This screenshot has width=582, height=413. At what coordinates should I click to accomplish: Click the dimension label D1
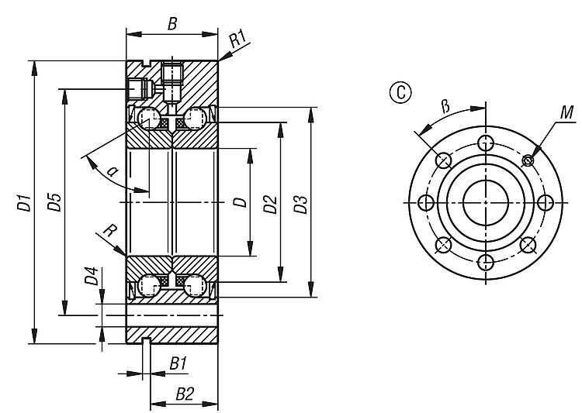[23, 205]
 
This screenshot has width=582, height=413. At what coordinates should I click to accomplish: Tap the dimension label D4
[91, 276]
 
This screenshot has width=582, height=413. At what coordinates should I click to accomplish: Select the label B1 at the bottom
[178, 363]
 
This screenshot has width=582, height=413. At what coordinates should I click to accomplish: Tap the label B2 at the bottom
[184, 394]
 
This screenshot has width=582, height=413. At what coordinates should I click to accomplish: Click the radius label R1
[238, 36]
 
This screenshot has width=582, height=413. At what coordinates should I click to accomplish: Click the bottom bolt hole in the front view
[486, 261]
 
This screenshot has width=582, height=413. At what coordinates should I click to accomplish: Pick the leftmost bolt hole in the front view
[425, 202]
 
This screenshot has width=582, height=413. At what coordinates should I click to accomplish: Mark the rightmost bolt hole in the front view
[546, 202]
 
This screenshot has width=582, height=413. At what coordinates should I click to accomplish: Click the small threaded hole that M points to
[528, 160]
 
